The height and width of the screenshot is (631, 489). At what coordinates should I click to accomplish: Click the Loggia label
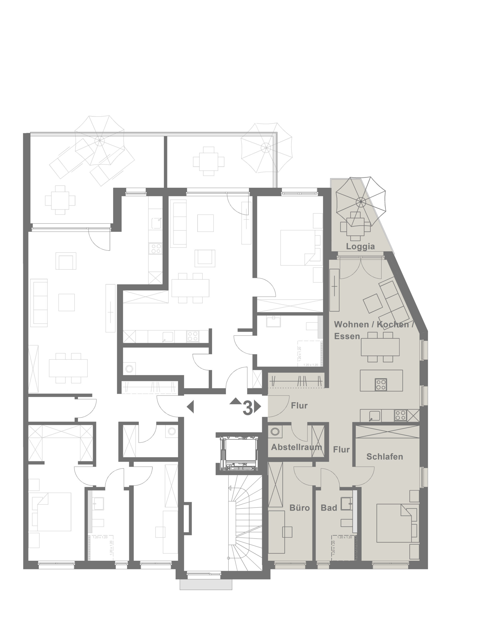tap(360, 246)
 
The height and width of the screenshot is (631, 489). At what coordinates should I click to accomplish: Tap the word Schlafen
tap(384, 456)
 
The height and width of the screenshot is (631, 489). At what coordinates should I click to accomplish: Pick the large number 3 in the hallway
tap(248, 408)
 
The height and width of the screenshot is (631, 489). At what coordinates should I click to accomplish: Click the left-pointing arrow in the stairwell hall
tap(190, 407)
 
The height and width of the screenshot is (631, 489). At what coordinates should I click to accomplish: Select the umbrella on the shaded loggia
tap(361, 201)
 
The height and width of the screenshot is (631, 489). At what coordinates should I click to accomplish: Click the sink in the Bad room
tap(346, 503)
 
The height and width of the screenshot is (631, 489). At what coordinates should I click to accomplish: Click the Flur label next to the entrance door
tap(299, 406)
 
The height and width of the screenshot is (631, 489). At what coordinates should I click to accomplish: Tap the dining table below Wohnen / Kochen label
tap(380, 347)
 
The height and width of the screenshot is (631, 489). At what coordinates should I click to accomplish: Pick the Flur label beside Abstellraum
tap(341, 450)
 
